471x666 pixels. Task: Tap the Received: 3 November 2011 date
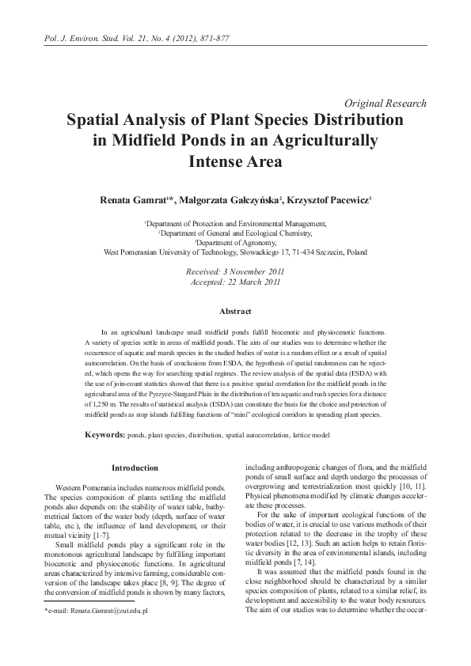(x=235, y=271)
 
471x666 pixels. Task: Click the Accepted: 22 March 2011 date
(x=235, y=281)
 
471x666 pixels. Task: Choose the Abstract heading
(x=235, y=312)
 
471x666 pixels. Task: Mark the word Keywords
(x=104, y=435)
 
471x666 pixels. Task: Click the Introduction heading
(x=135, y=468)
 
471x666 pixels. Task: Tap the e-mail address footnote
(x=87, y=611)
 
